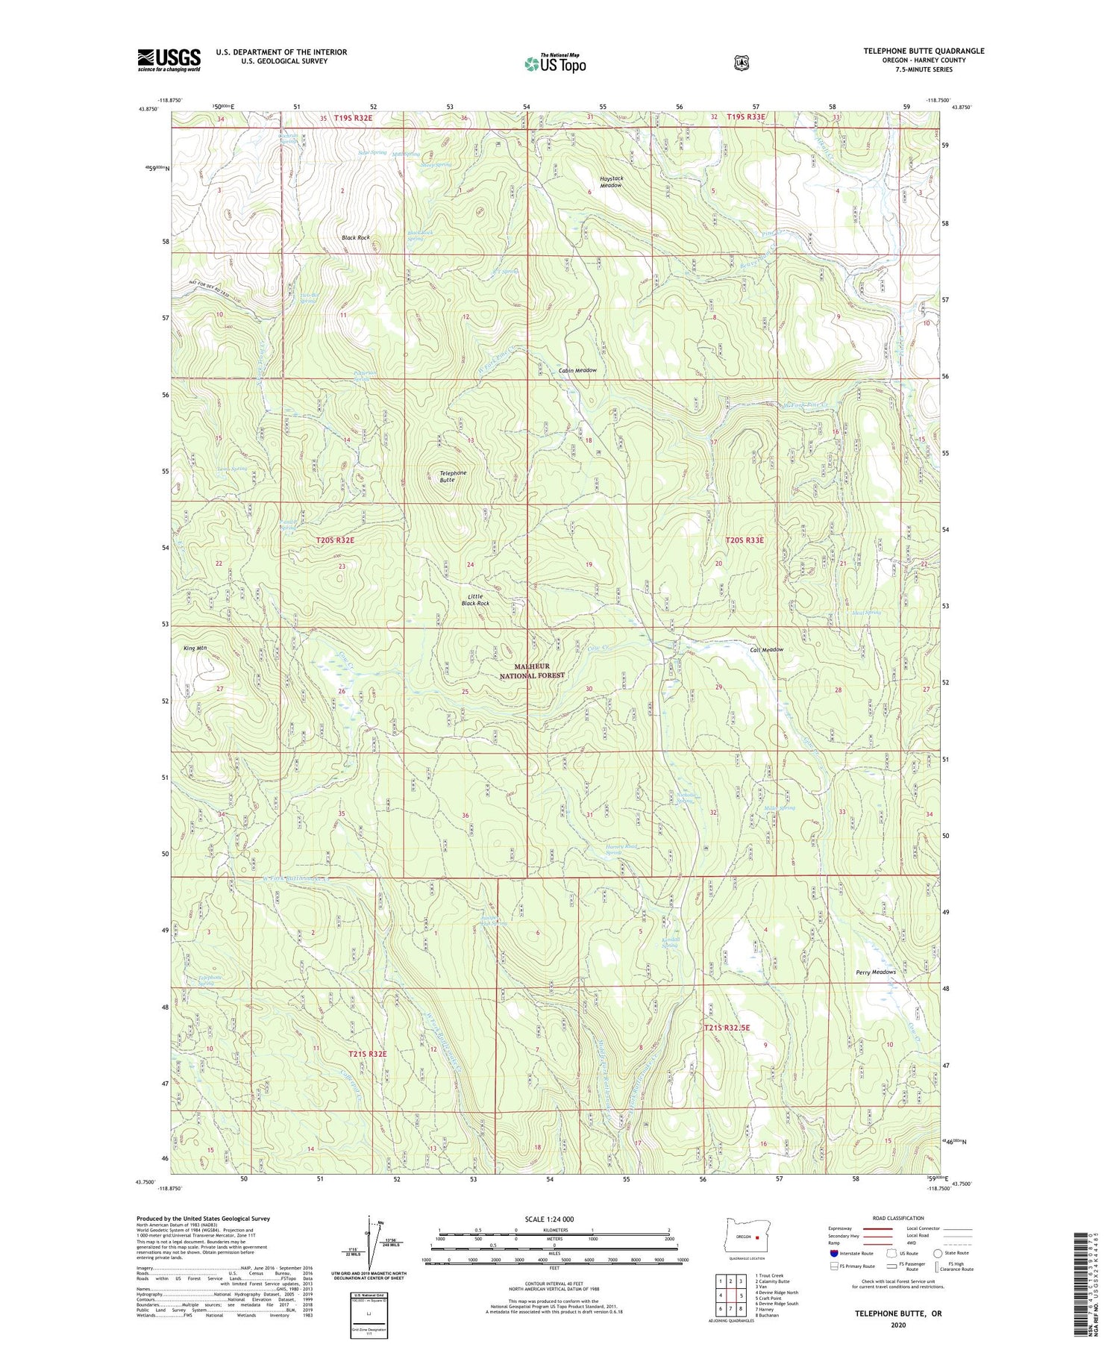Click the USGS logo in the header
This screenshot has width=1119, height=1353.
[169, 60]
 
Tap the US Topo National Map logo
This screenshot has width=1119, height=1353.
[555, 63]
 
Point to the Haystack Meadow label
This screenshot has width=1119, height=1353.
[611, 182]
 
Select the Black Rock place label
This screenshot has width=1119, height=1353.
[355, 237]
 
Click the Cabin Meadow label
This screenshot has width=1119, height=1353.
[577, 370]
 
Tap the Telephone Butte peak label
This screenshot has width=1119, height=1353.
[453, 476]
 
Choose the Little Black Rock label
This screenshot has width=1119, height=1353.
[474, 599]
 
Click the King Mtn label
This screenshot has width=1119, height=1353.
[195, 649]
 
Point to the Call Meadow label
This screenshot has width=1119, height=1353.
[766, 650]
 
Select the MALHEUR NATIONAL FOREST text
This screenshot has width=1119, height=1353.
[532, 670]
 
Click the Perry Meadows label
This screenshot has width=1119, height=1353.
[876, 972]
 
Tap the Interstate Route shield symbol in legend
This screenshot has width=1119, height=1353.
[833, 1254]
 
